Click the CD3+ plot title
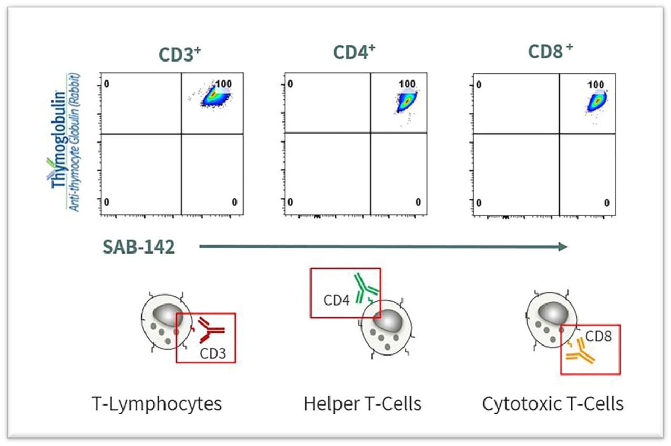point(181,54)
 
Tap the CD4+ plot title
point(354,53)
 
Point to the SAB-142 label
point(139,247)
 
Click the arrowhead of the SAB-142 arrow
point(563,247)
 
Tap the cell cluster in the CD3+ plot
point(212,96)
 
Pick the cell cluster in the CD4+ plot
point(406,100)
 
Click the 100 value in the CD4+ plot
point(407,84)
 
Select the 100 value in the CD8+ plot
point(595,85)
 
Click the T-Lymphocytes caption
point(156,404)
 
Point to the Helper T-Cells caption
point(362,404)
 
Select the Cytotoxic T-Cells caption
point(553,404)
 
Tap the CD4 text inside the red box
point(336,300)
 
